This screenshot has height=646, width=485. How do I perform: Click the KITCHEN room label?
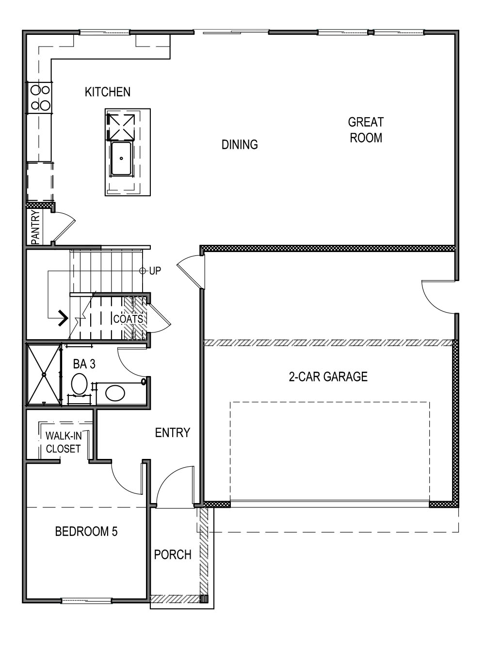(107, 92)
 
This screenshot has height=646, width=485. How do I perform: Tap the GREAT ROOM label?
(366, 130)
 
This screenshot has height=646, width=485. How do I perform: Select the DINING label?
(240, 144)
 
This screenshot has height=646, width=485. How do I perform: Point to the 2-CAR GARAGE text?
(328, 377)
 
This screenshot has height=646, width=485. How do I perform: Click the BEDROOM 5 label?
(86, 532)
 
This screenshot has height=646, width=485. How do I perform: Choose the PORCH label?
(173, 555)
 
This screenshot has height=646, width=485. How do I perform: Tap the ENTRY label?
(172, 433)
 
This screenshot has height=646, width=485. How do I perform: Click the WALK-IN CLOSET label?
(63, 442)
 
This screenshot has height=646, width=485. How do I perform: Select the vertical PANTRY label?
(35, 227)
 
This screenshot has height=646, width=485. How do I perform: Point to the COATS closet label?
(128, 319)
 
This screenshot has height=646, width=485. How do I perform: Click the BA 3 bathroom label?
(84, 364)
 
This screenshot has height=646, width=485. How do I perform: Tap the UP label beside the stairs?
(155, 271)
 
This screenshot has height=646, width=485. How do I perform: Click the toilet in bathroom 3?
(79, 384)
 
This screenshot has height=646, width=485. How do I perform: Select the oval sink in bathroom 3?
(115, 393)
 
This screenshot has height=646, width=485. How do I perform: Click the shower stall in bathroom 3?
(44, 374)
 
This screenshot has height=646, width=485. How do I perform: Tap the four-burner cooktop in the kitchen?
(40, 97)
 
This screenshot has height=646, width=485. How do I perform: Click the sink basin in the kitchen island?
(121, 158)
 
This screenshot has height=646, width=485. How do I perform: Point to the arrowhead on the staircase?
(63, 318)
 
